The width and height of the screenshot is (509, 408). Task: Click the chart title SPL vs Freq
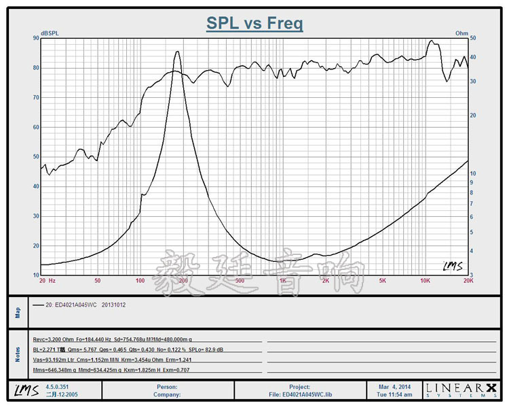pyautogui.click(x=254, y=24)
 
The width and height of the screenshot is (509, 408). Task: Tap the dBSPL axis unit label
pyautogui.click(x=50, y=33)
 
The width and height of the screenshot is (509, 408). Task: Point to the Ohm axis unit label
pyautogui.click(x=461, y=33)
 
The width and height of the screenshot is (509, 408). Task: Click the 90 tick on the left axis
pyautogui.click(x=35, y=38)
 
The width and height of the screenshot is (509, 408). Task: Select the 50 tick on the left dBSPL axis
pyautogui.click(x=35, y=157)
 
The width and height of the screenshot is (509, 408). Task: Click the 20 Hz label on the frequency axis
pyautogui.click(x=47, y=280)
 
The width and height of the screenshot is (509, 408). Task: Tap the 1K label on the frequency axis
pyautogui.click(x=282, y=280)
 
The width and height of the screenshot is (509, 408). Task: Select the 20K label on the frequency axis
pyautogui.click(x=468, y=280)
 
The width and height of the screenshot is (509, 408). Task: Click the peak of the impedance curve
pyautogui.click(x=178, y=52)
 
